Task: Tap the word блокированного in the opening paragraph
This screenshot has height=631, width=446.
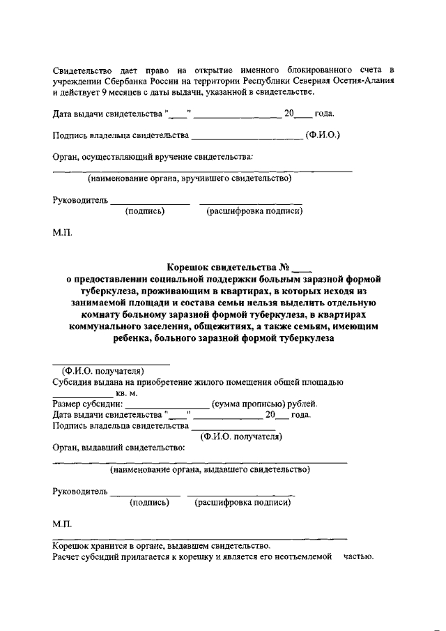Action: [x=316, y=70]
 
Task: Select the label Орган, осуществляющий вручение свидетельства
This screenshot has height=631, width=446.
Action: [x=153, y=157]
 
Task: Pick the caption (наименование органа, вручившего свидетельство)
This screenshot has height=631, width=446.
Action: [x=189, y=178]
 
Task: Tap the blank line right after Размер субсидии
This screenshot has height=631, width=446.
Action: [x=167, y=405]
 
